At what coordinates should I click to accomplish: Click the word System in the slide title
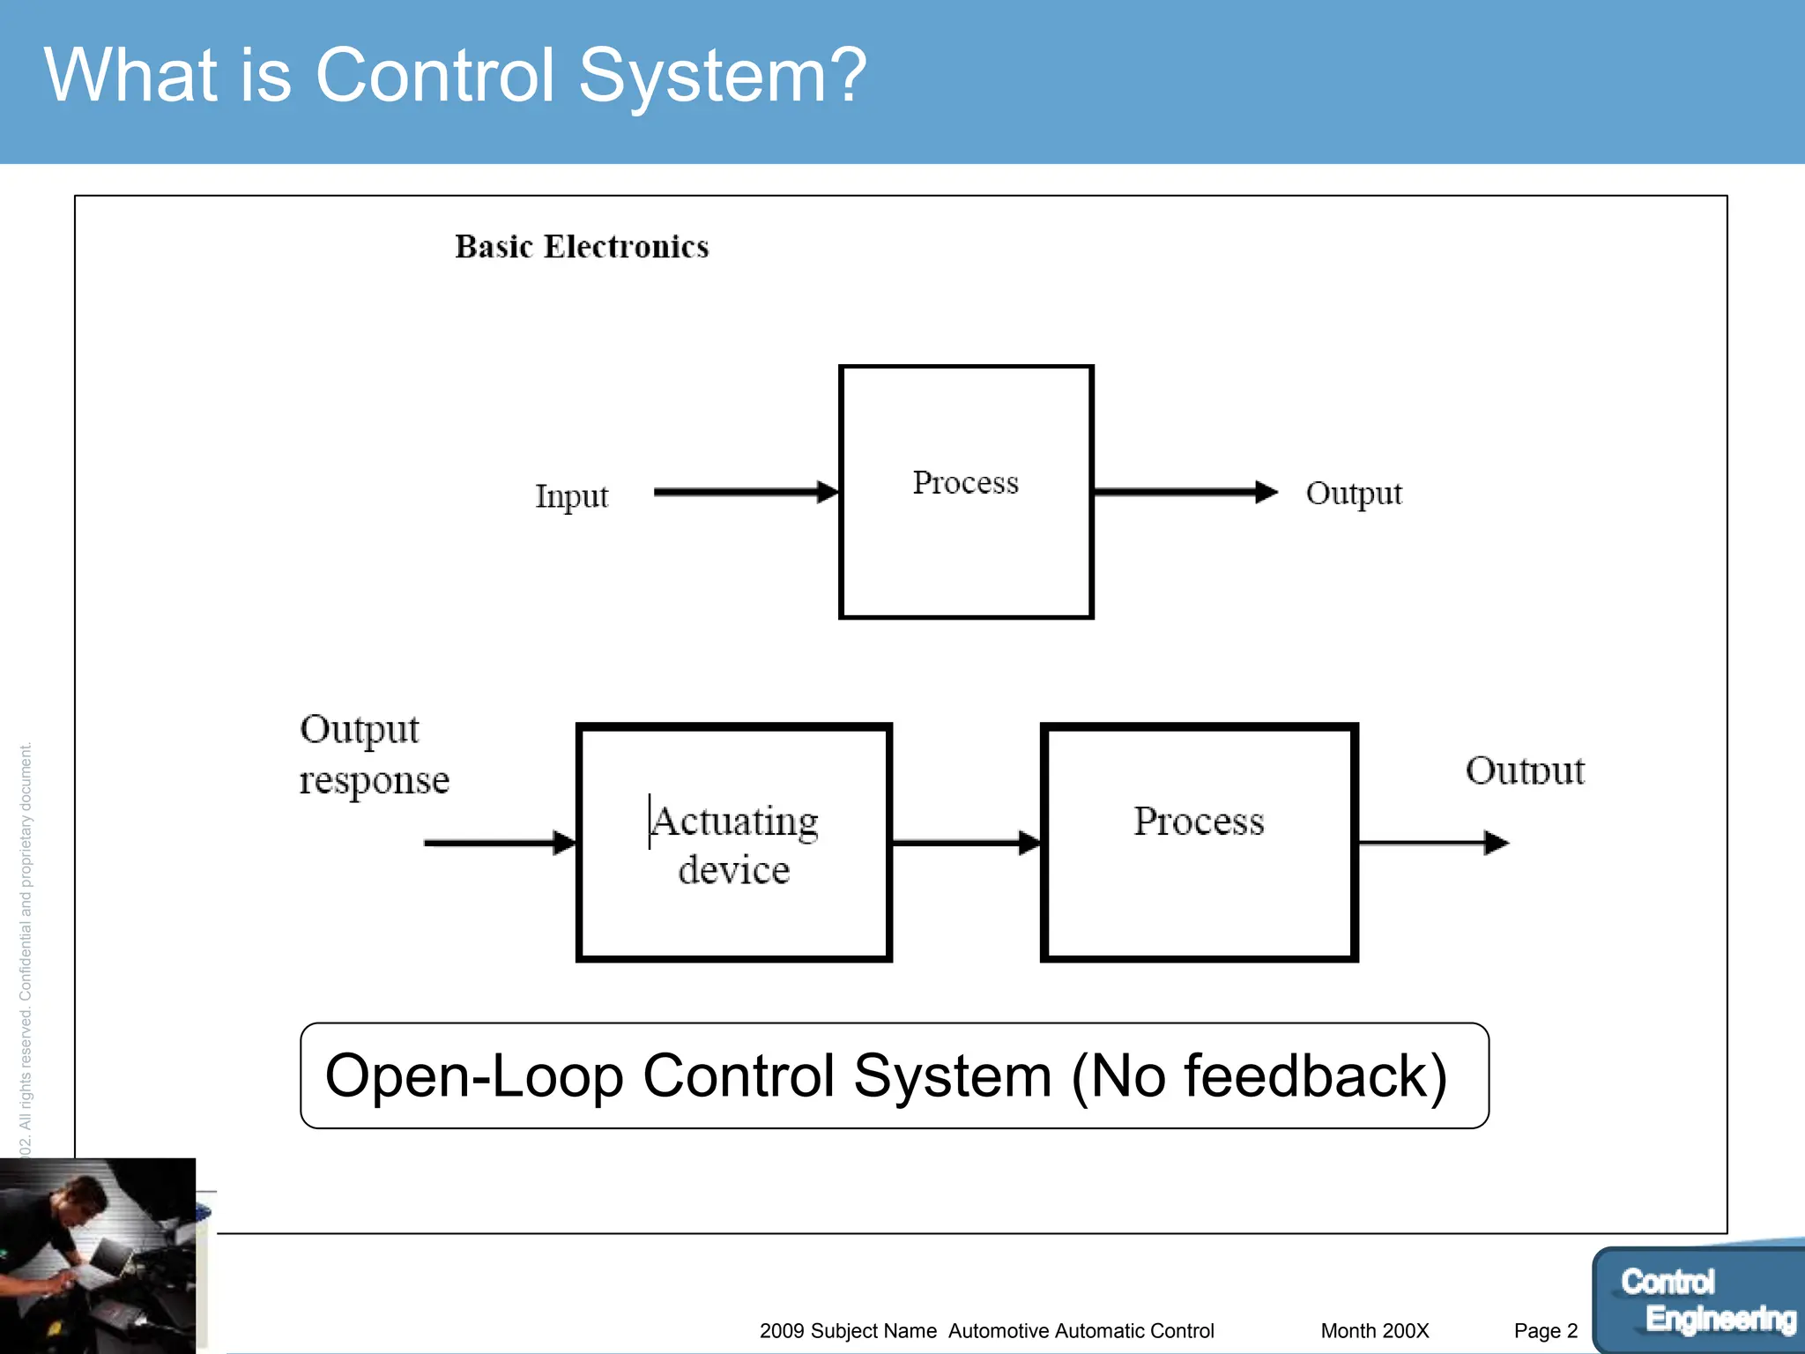point(721,76)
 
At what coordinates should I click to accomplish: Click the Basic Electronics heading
point(582,247)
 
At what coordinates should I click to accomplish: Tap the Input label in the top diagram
point(571,495)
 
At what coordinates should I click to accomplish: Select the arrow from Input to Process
point(745,492)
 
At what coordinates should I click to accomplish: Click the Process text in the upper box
point(965,482)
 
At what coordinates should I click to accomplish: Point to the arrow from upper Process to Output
point(1184,492)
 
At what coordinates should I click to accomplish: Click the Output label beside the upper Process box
point(1353,493)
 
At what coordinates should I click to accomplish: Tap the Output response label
point(374,755)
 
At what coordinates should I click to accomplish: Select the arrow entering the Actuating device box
point(499,843)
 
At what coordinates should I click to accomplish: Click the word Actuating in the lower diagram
point(735,822)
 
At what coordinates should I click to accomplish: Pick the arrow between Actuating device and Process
point(965,843)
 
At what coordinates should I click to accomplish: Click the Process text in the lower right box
point(1199,822)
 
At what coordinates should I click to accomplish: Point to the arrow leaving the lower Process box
point(1432,843)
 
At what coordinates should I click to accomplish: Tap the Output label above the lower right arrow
point(1525,770)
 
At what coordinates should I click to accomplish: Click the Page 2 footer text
point(1545,1331)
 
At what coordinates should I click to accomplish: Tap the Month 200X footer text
point(1374,1331)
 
